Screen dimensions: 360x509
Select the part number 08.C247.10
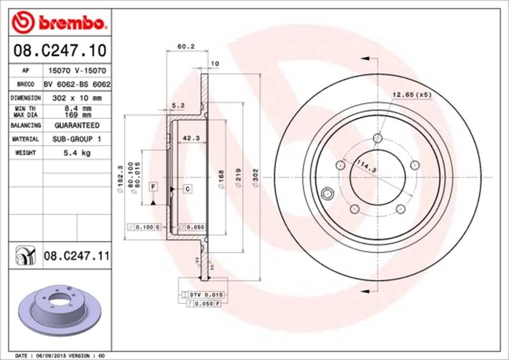tap(57, 49)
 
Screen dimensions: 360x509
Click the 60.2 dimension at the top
tap(185, 46)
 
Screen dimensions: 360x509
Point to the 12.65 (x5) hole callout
tap(411, 95)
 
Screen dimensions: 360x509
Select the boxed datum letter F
tap(153, 186)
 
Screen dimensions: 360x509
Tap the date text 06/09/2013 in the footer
tap(55, 354)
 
